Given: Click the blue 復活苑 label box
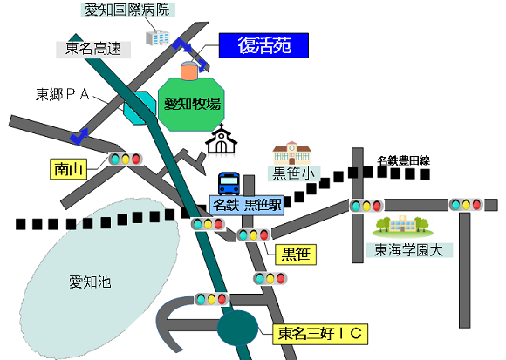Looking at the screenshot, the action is coord(263,45).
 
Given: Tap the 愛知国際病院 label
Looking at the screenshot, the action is coord(127,10).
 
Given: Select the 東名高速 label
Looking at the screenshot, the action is coord(93,49).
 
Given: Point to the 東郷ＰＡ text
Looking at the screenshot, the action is coord(62,94).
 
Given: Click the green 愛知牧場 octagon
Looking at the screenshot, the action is coord(191,104).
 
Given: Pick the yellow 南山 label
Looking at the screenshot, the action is coord(68,169).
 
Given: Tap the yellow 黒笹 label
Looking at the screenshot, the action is coord(296,255).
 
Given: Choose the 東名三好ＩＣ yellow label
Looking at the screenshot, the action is coord(320,334).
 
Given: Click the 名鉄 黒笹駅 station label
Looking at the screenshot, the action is coord(247,205).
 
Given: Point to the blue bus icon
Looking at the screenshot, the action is coord(229,184).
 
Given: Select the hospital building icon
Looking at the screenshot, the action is coord(158,37).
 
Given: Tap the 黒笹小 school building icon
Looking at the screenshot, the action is coord(291,153).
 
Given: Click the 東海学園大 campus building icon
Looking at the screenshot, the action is coord(403,226).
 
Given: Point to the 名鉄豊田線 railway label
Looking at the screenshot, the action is coord(403,160).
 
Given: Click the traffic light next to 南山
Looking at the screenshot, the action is coord(126,159).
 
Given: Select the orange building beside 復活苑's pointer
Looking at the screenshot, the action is coord(189,71).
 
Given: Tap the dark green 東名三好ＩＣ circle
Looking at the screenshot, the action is coord(237,328).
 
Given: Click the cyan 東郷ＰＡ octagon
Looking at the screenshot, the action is coord(140,107).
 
